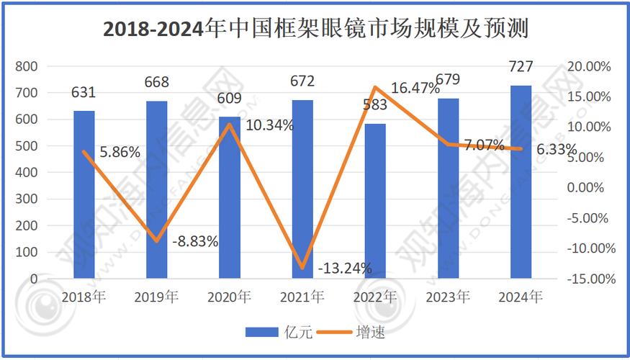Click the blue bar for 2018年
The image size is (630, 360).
(84, 194)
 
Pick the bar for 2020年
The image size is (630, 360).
(230, 197)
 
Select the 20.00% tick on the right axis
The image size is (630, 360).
(589, 66)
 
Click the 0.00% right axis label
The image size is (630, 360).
(593, 187)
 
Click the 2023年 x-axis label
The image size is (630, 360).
(448, 297)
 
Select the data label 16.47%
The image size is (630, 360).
(415, 89)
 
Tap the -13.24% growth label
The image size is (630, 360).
(345, 269)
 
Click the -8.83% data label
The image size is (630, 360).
(195, 242)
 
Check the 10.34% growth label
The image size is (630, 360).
(269, 125)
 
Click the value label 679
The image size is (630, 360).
(448, 79)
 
